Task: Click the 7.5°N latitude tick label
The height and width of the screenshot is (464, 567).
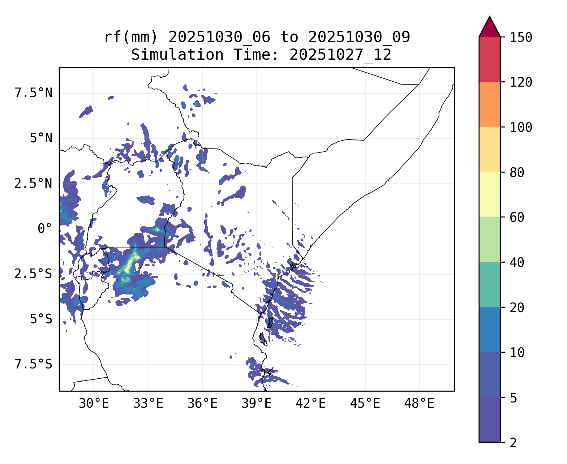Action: pos(33,93)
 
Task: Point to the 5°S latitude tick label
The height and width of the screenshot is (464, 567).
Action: pos(41,319)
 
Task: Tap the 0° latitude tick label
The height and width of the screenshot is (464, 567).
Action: pos(45,229)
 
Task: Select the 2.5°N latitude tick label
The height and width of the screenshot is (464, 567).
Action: pos(33,184)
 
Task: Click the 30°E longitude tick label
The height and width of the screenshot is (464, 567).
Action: pos(94,404)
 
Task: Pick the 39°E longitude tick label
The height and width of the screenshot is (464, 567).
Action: pos(256,404)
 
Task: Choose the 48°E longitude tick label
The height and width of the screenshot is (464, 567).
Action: pos(419,404)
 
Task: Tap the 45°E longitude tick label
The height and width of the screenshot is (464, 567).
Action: pos(365,404)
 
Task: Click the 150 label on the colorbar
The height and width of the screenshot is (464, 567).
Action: pos(521,38)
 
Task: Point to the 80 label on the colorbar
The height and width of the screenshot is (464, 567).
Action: pos(517,173)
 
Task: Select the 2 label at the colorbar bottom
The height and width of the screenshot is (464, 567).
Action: pos(513,443)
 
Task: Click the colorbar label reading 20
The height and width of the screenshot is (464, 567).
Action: pos(517,308)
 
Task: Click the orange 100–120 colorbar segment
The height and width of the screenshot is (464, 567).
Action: pos(489,104)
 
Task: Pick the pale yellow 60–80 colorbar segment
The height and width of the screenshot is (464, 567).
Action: pos(489,194)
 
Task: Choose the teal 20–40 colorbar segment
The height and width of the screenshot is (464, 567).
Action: pos(489,285)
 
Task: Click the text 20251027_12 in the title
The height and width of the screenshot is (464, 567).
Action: pos(340,55)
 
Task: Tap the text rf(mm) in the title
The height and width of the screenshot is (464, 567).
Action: pos(131,37)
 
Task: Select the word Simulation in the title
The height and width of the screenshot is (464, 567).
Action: pos(177,55)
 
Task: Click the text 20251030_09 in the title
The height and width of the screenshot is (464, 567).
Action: pos(359,37)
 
